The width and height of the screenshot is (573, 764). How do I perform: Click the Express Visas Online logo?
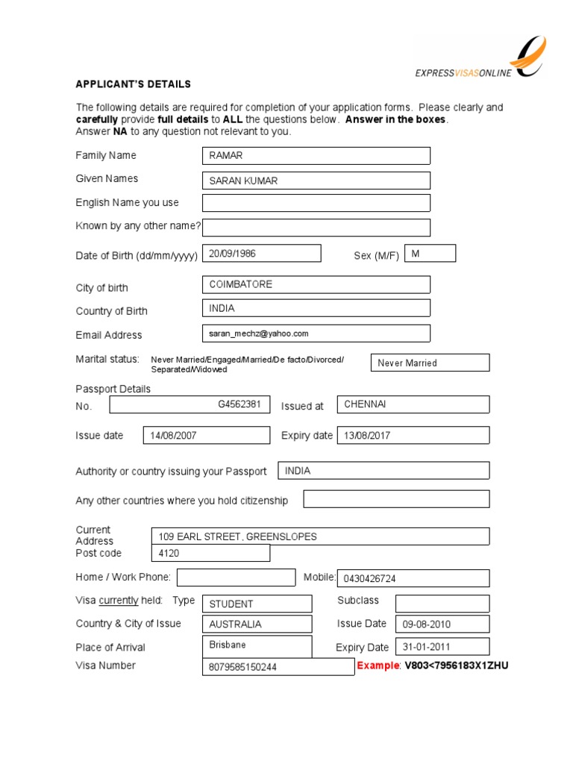[x=481, y=59]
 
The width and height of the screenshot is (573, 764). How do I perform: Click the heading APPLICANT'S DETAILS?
[x=133, y=84]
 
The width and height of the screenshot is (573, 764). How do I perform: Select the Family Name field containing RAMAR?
[x=316, y=155]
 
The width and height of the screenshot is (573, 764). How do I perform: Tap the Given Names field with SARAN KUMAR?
[x=316, y=181]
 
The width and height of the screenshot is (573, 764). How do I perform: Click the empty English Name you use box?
[x=316, y=203]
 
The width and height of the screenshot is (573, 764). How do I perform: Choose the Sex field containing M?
[x=430, y=254]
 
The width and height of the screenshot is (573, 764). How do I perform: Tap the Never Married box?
[x=430, y=363]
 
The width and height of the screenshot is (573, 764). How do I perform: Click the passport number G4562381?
[x=239, y=404]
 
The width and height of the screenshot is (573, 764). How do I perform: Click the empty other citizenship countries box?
[x=396, y=499]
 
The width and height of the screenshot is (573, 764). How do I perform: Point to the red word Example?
[x=379, y=666]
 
